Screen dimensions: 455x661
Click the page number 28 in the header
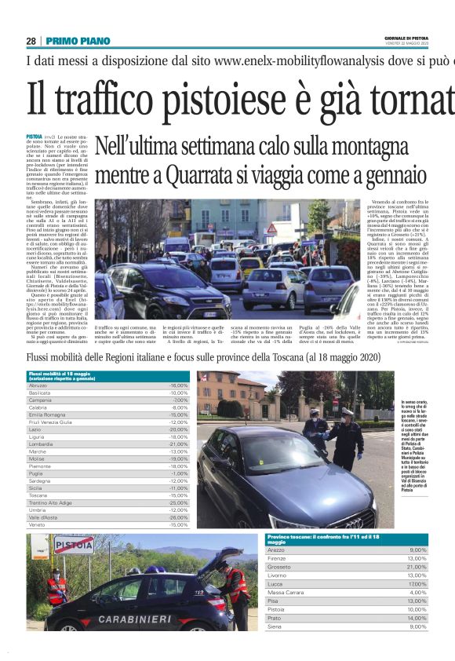pos(31,41)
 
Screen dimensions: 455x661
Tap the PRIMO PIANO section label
pos(78,41)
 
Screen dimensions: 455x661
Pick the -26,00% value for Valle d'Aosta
pos(178,517)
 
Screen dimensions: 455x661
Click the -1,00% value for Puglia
pos(180,473)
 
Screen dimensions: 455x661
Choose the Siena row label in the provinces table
pos(275,626)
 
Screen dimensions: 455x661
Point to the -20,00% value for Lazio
pos(179,429)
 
